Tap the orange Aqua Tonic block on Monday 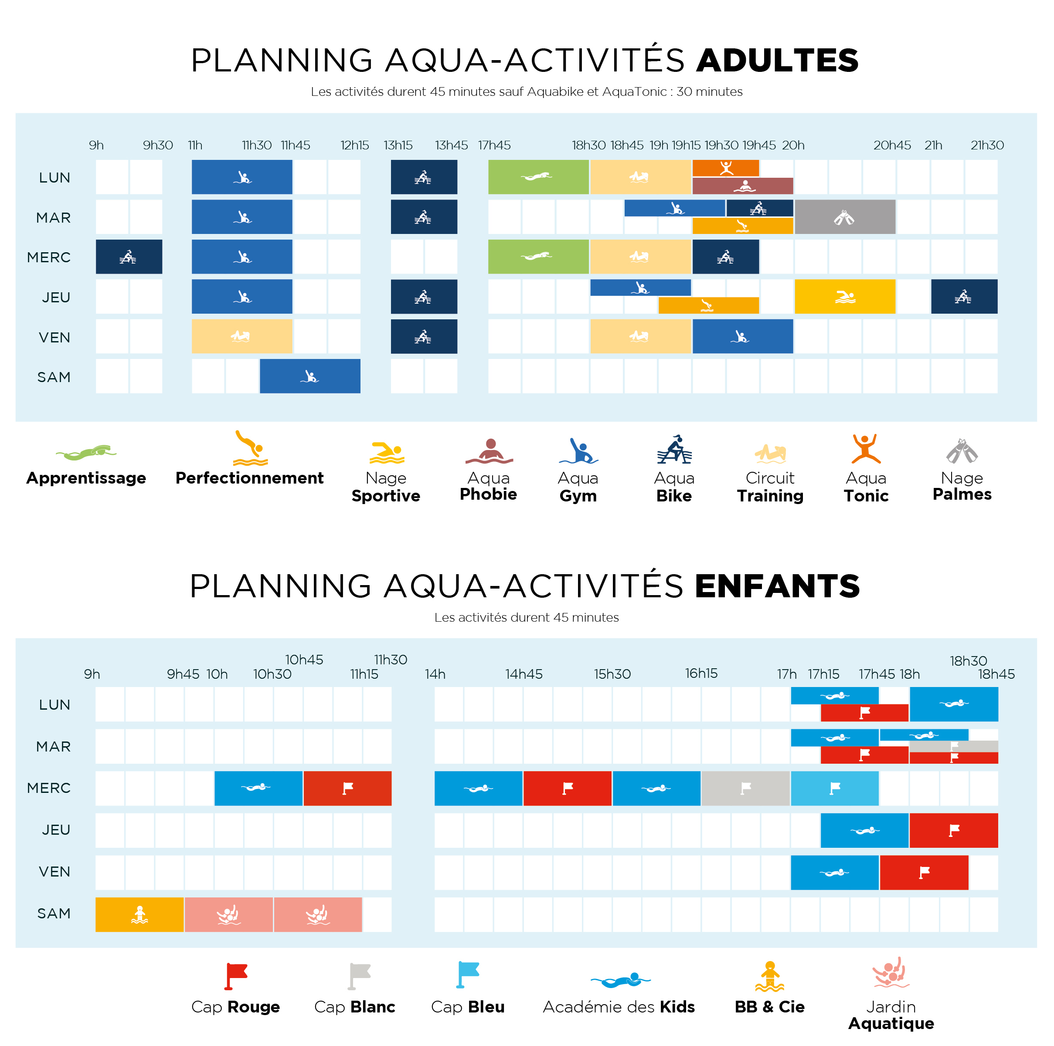(726, 168)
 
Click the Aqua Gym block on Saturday (310, 376)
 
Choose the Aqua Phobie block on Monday (742, 186)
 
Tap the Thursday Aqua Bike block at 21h (964, 296)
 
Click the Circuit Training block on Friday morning (241, 336)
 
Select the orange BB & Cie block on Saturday (139, 914)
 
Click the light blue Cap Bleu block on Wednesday (835, 788)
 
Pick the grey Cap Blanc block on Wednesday (745, 788)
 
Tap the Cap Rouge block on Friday (924, 873)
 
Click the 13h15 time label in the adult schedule (398, 145)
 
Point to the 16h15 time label (701, 674)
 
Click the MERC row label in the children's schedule (49, 788)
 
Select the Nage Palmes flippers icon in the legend (962, 451)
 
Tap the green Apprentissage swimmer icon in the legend (86, 452)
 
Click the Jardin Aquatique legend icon (891, 972)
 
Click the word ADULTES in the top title (777, 60)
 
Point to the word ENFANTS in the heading (777, 586)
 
